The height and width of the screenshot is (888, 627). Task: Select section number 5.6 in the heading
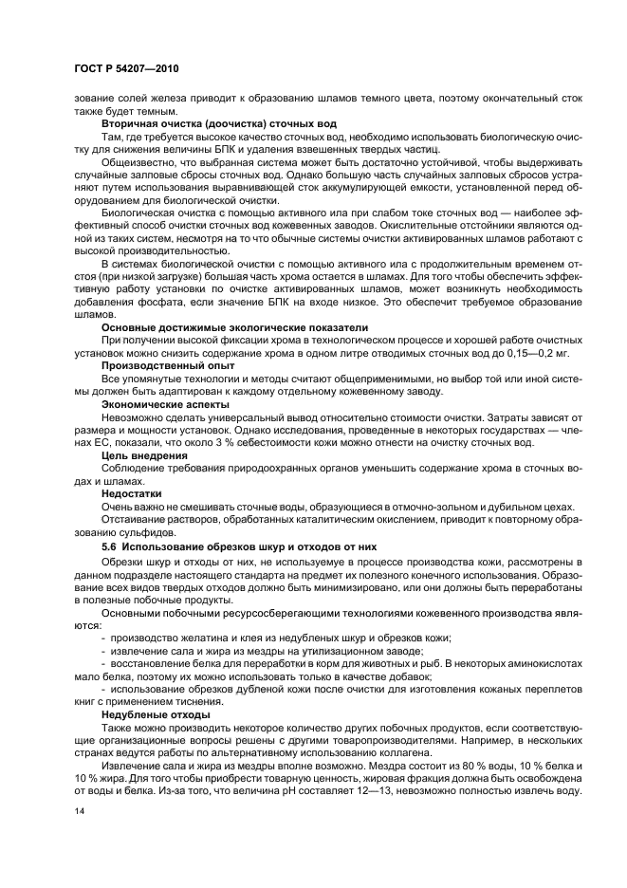110,546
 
